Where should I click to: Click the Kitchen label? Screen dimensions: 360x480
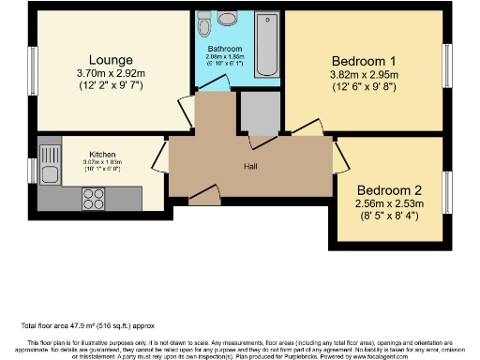[102, 154]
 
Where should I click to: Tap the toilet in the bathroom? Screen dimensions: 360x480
[226, 19]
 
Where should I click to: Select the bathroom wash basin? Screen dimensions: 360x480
[204, 20]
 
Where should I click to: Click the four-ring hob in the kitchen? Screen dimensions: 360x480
[95, 198]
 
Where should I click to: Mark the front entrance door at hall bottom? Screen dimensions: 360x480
[203, 197]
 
